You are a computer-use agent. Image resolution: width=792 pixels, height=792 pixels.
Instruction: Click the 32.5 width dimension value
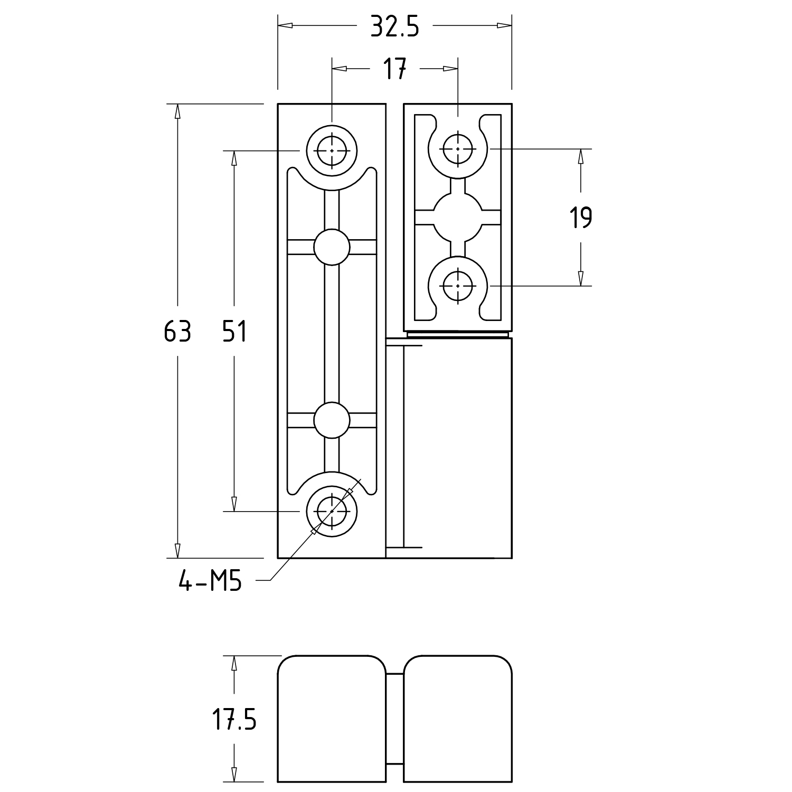pos(394,26)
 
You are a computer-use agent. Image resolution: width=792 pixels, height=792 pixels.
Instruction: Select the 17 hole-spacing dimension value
pos(394,69)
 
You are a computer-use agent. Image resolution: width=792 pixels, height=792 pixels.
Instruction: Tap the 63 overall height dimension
pos(177,332)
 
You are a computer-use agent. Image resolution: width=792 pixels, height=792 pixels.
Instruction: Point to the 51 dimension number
pos(234,332)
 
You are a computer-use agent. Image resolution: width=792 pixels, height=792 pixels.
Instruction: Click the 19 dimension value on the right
pos(581,218)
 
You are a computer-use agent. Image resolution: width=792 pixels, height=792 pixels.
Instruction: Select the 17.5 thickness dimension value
pos(234,719)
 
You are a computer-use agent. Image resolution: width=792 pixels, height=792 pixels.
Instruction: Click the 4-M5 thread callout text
pos(210,581)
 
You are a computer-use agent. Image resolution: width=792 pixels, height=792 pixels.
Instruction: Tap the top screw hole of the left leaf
pos(332,150)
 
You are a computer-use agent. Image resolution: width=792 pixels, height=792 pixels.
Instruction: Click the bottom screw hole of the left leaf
pos(332,511)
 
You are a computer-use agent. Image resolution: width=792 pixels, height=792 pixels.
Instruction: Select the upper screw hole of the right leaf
pos(457,149)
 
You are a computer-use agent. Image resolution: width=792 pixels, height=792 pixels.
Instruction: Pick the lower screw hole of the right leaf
pos(457,286)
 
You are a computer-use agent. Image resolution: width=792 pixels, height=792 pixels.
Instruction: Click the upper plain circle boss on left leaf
pos(332,247)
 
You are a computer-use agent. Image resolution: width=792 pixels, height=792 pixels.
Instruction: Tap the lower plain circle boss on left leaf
pos(332,420)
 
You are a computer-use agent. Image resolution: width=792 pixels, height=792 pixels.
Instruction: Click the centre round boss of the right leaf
pos(457,218)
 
